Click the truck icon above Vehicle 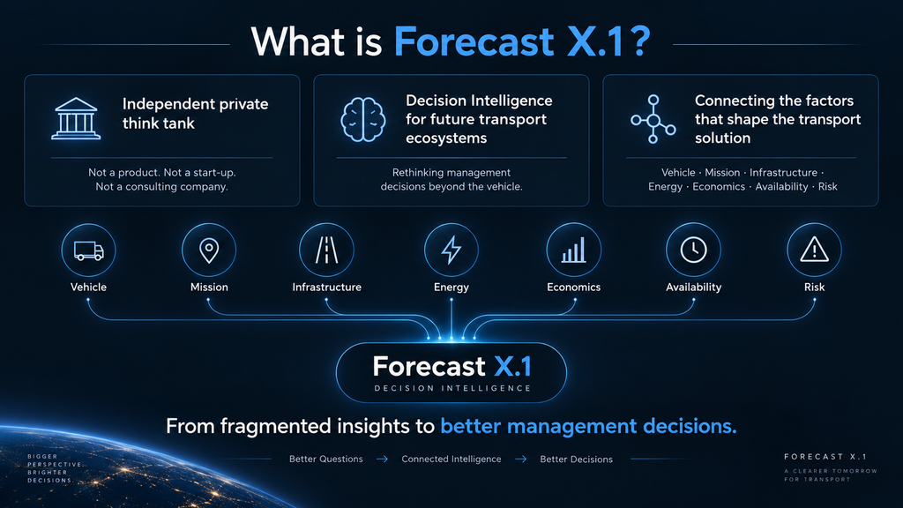pos(89,250)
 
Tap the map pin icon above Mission pos(209,250)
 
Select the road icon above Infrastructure pos(326,250)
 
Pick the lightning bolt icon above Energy pos(451,250)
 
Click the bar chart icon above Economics pos(573,250)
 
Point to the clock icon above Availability pos(693,250)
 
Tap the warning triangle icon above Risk pos(814,250)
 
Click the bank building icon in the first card pos(76,119)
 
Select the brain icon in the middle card pos(362,119)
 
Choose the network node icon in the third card pos(653,119)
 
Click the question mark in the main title pos(640,42)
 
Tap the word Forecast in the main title pos(474,42)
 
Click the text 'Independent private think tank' pos(195,114)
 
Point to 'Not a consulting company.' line pos(162,187)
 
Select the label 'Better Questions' pos(326,459)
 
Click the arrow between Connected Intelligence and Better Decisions pos(520,459)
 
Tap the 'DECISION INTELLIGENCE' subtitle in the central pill pos(452,388)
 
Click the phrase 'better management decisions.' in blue pos(588,426)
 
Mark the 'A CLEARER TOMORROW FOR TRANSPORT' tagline pos(831,475)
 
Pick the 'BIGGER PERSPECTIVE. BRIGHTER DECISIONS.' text pos(55,468)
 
